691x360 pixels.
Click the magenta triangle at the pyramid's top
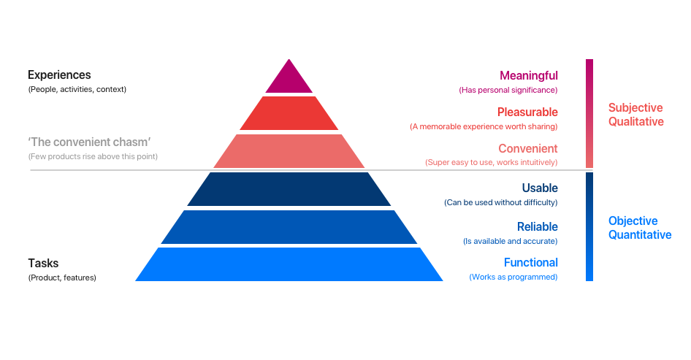tap(289, 80)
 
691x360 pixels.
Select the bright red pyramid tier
tap(289, 113)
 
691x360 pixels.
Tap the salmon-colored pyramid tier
tap(289, 151)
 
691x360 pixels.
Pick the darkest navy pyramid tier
tap(289, 189)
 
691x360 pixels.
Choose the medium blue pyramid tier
tap(289, 227)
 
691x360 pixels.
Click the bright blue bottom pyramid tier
tap(289, 264)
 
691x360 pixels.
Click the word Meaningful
tap(528, 76)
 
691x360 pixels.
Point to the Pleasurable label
tap(527, 112)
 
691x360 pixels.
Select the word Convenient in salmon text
tap(528, 148)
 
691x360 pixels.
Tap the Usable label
tap(540, 188)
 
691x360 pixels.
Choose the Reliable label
tap(537, 226)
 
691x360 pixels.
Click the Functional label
tap(530, 263)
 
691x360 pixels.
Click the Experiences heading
tap(59, 75)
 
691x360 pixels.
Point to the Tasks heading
tap(43, 263)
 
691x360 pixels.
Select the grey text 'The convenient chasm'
tap(89, 142)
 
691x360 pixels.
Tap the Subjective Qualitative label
tap(636, 115)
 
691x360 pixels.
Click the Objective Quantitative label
tap(640, 228)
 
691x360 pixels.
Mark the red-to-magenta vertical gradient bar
tap(589, 113)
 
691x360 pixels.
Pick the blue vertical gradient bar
tap(589, 226)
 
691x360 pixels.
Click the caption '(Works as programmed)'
tap(513, 277)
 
